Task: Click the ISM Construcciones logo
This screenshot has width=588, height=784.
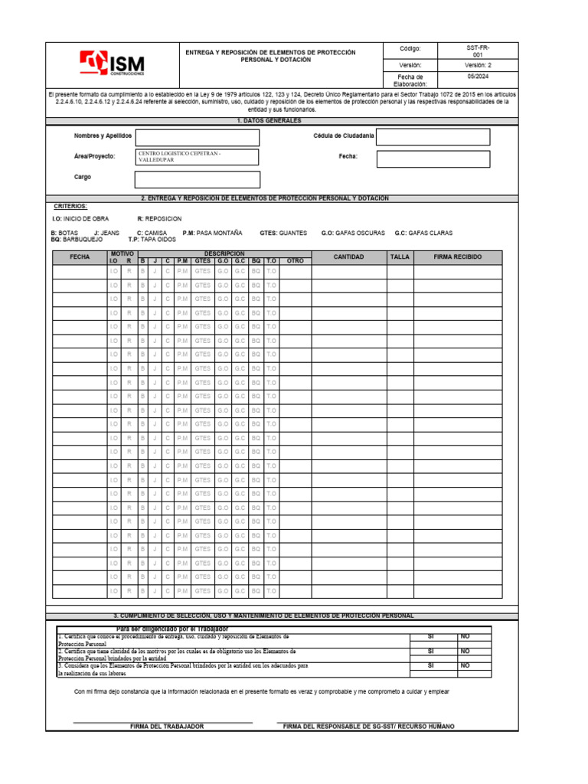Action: tap(112, 64)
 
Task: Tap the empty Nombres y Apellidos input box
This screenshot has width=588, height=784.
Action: tap(197, 137)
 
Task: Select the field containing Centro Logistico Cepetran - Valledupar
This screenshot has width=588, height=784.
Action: tap(197, 157)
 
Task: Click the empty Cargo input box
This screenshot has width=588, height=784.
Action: tap(197, 179)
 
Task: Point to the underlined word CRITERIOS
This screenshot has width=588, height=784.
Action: tap(70, 207)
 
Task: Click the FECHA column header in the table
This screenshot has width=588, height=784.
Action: tap(80, 257)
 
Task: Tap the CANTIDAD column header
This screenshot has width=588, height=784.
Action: tap(348, 257)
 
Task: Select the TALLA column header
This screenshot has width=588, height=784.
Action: tap(400, 257)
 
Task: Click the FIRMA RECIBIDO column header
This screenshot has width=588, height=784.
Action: tap(458, 257)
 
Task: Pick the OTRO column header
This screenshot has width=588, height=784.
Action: tap(296, 261)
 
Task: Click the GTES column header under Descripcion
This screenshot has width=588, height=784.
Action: tap(203, 261)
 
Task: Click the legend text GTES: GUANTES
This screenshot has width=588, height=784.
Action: tap(283, 232)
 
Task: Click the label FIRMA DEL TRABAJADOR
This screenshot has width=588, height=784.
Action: tap(167, 726)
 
